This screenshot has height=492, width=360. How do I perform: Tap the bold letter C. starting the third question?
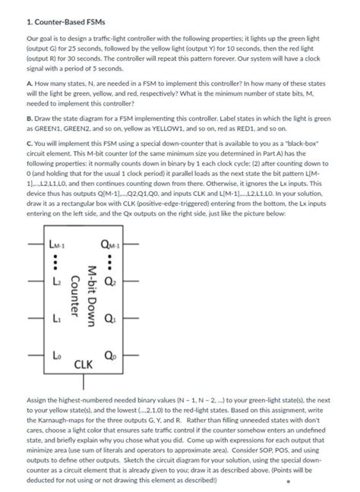pyautogui.click(x=29, y=146)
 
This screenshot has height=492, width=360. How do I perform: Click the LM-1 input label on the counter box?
pyautogui.click(x=58, y=244)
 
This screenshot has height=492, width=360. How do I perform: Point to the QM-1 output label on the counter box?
pyautogui.click(x=112, y=244)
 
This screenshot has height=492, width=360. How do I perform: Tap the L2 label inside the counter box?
pyautogui.click(x=54, y=282)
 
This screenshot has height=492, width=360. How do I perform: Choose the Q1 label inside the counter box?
pyautogui.click(x=112, y=319)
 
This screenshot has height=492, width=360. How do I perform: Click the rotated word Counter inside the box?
pyautogui.click(x=74, y=301)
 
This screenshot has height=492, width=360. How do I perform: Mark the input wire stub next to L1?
pyautogui.click(x=36, y=319)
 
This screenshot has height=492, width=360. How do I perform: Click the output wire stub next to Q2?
pyautogui.click(x=131, y=282)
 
